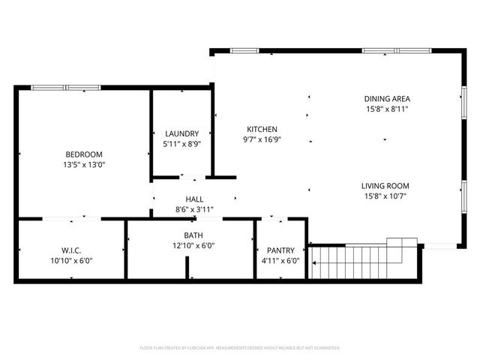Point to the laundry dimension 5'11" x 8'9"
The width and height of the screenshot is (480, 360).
click(181, 143)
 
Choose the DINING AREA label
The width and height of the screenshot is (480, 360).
click(387, 98)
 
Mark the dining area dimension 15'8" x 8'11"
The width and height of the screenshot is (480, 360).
click(387, 109)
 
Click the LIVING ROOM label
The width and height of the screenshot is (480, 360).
click(385, 186)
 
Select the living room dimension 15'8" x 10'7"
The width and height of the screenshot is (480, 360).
click(385, 196)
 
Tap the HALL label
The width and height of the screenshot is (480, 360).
click(194, 199)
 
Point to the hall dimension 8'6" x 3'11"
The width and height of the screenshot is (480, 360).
click(194, 210)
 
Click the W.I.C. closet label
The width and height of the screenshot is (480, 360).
click(72, 250)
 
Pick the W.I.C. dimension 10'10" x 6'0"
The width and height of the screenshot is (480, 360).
click(72, 261)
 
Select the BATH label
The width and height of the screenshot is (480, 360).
click(193, 235)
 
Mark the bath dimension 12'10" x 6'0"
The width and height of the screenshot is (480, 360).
click(193, 246)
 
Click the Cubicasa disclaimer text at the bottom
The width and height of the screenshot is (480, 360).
click(240, 348)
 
